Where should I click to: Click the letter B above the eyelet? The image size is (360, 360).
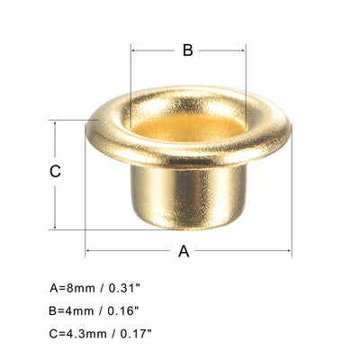pyautogui.click(x=187, y=50)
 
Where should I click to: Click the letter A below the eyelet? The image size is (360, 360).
pyautogui.click(x=184, y=252)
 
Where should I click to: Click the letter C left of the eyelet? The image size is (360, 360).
pyautogui.click(x=55, y=172)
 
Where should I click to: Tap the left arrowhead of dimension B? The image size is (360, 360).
pyautogui.click(x=135, y=50)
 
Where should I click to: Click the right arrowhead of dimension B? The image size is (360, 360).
pyautogui.click(x=243, y=50)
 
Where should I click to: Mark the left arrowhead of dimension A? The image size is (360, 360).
pyautogui.click(x=89, y=252)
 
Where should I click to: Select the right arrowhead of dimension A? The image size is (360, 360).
pyautogui.click(x=289, y=252)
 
